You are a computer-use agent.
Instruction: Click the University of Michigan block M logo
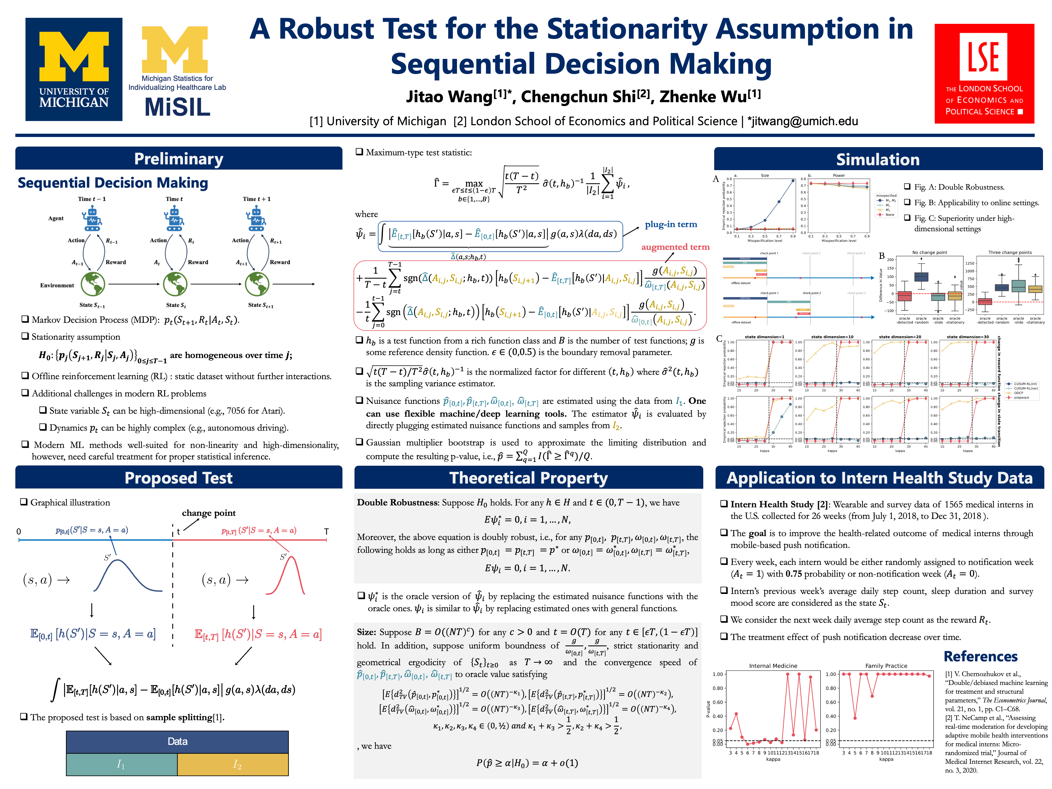[x=74, y=69]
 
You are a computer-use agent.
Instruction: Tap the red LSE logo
[x=984, y=74]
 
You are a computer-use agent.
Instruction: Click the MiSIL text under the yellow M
[x=178, y=107]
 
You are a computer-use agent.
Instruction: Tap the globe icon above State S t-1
[x=93, y=284]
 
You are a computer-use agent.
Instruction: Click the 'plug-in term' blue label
[x=671, y=224]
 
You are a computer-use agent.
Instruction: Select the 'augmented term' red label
[x=675, y=247]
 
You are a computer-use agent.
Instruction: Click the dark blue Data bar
[x=178, y=741]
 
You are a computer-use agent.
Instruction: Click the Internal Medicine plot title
[x=773, y=666]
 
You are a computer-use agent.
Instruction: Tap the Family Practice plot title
[x=886, y=666]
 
